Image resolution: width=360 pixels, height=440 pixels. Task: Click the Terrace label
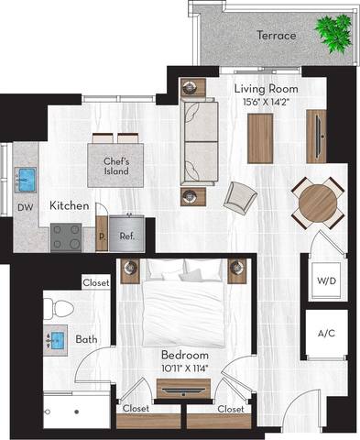[276, 36]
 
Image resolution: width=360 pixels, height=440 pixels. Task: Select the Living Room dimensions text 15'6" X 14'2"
[261, 103]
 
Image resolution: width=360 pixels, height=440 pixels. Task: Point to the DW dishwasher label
[26, 208]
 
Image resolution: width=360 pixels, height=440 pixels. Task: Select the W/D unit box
[325, 279]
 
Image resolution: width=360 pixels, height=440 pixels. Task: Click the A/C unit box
[325, 335]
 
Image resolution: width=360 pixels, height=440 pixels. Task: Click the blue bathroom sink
[55, 341]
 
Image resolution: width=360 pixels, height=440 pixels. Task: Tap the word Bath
[87, 340]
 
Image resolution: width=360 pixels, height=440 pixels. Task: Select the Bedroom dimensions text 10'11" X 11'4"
[185, 368]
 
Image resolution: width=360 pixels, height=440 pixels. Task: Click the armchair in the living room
[241, 196]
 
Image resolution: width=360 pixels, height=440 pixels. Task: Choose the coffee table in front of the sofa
[260, 137]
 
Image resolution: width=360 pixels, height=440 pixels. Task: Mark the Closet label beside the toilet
[95, 283]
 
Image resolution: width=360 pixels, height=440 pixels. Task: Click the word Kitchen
[70, 206]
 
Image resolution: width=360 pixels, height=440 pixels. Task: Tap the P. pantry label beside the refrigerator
[101, 236]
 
